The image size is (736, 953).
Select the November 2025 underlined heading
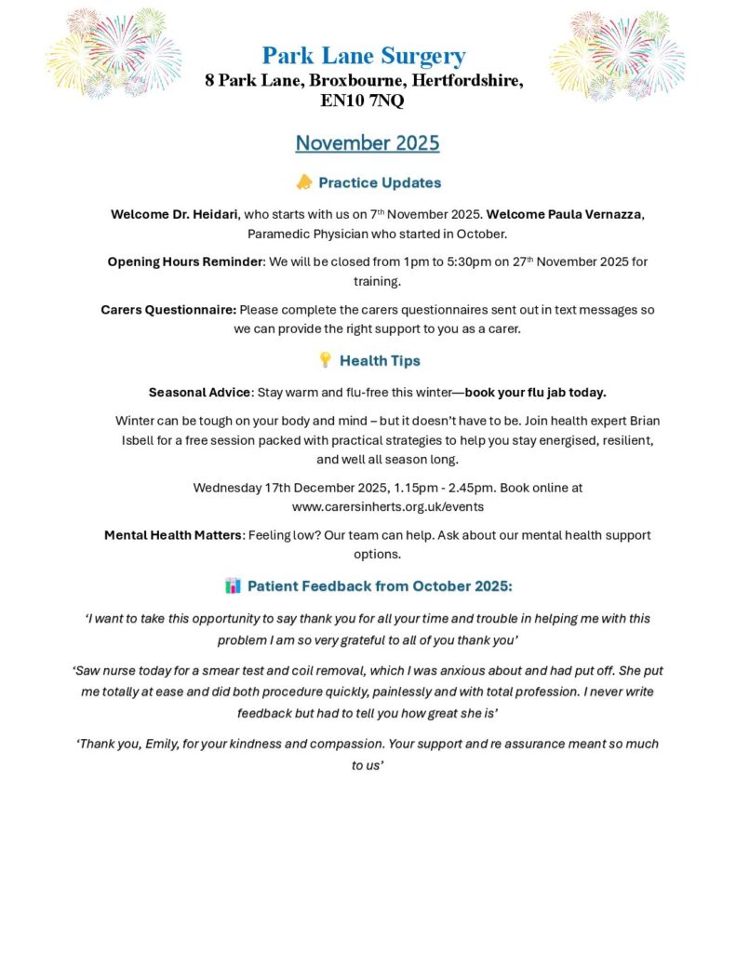pos(368,143)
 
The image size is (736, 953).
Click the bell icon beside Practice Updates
pos(303,182)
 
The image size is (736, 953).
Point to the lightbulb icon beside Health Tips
pos(325,360)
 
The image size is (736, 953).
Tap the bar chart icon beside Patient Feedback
pos(233,585)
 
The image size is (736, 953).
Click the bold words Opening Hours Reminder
pos(185,262)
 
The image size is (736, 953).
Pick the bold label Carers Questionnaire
pos(168,310)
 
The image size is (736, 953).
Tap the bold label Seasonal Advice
pos(199,393)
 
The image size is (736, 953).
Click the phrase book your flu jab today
pos(535,393)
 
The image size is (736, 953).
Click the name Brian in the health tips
pos(642,421)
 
